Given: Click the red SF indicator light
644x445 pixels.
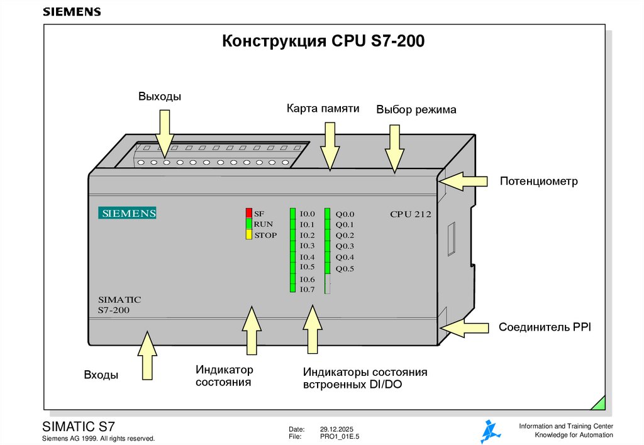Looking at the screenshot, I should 249,213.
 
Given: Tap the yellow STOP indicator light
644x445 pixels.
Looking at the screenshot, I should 249,235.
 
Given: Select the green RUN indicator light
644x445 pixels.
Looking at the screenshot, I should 249,224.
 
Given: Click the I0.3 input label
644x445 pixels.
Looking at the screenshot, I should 307,246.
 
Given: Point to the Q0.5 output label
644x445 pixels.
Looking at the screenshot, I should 345,269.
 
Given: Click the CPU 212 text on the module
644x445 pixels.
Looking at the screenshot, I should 410,214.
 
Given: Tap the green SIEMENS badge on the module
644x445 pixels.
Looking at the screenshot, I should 127,213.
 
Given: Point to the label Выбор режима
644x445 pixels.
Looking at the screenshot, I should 416,110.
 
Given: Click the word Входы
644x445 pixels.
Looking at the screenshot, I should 101,375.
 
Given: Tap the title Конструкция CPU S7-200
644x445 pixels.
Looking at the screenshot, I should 324,42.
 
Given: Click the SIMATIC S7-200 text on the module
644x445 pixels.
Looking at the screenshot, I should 119,305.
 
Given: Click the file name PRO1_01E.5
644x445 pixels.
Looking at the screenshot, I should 340,436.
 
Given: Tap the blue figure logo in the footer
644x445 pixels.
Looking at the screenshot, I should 491,431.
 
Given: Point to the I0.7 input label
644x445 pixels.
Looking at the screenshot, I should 307,289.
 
